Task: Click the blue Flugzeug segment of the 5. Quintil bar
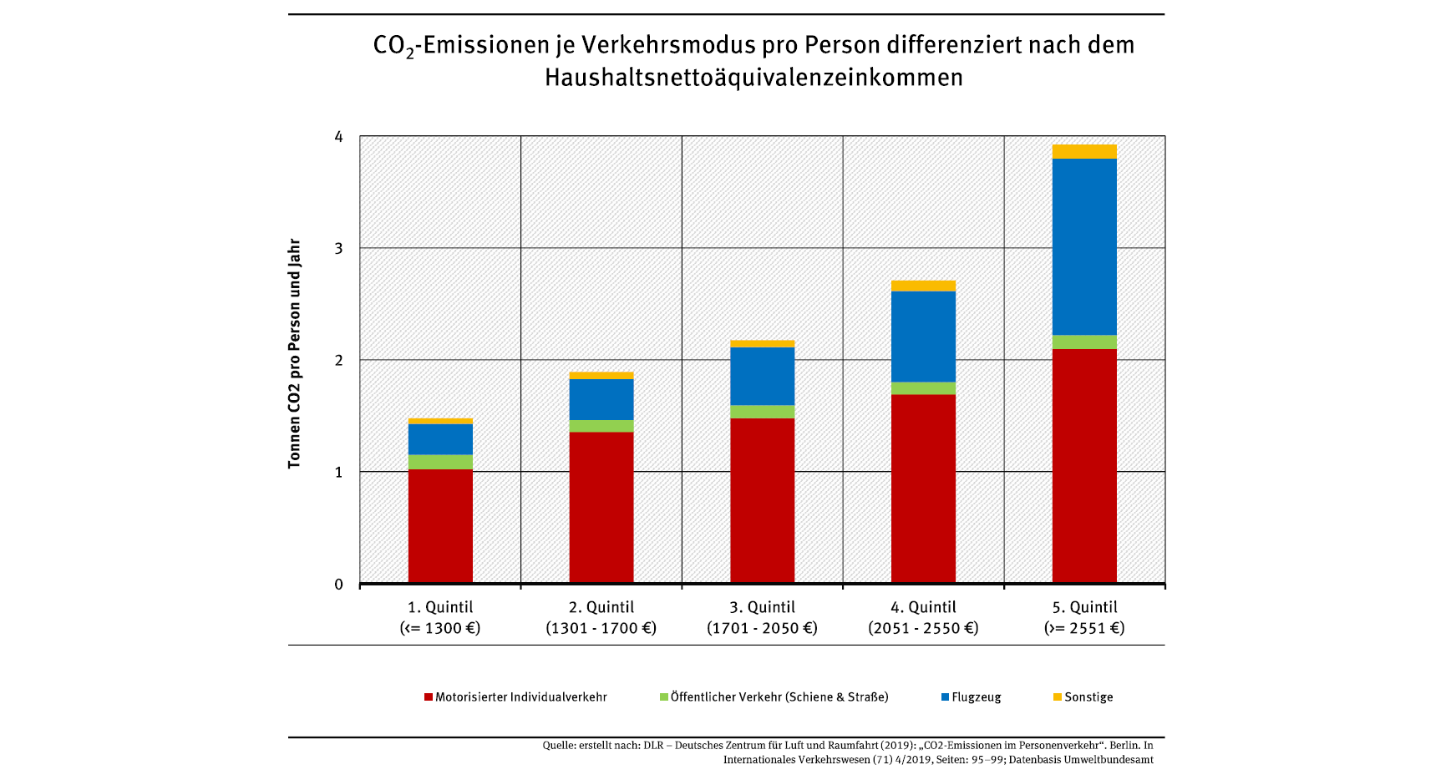(x=1084, y=246)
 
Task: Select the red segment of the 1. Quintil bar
(x=440, y=526)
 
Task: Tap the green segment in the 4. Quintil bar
(x=923, y=388)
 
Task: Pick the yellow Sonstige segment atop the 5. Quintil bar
(x=1084, y=151)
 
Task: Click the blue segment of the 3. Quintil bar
(x=762, y=376)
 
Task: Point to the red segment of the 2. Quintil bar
(x=601, y=507)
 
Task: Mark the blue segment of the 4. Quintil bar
(x=923, y=337)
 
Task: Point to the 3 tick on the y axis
(x=338, y=248)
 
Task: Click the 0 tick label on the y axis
(x=338, y=585)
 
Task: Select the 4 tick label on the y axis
(x=338, y=136)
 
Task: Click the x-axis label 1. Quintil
(x=440, y=607)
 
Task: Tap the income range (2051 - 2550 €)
(x=923, y=628)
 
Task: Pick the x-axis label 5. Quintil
(x=1084, y=607)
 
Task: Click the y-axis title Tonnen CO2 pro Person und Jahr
(x=294, y=353)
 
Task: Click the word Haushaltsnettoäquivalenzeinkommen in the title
(x=753, y=78)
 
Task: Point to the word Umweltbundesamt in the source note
(x=1112, y=760)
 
